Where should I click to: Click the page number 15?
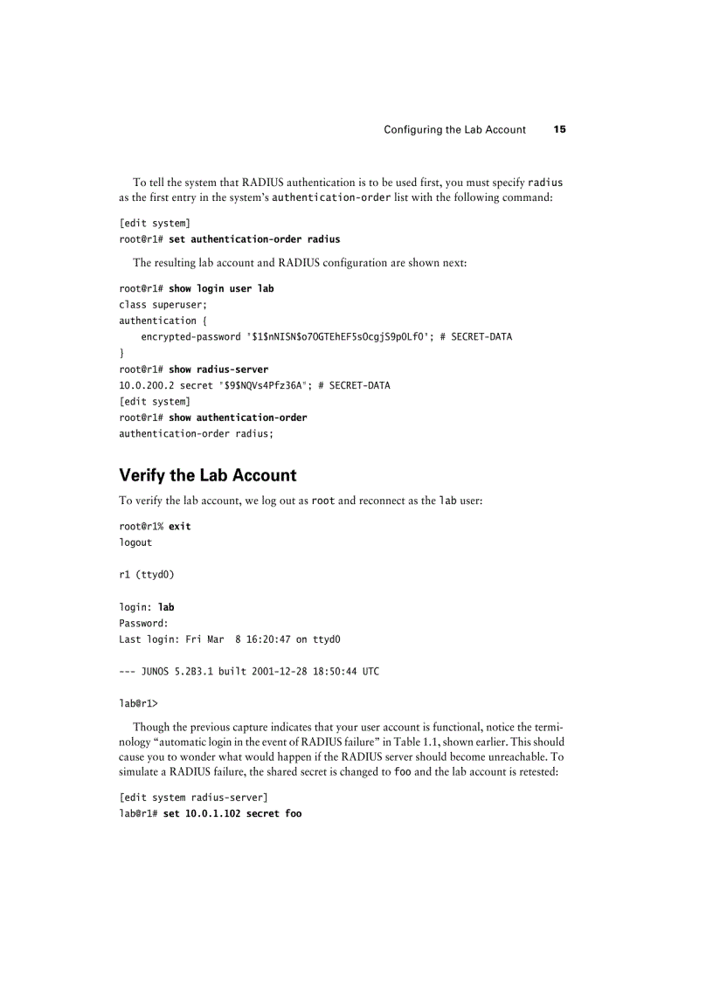(x=559, y=129)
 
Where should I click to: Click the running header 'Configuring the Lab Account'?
(x=454, y=129)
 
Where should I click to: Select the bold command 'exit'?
(x=179, y=527)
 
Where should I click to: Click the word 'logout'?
(x=135, y=542)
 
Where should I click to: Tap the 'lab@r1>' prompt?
(x=138, y=703)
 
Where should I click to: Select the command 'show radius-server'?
(x=218, y=370)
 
